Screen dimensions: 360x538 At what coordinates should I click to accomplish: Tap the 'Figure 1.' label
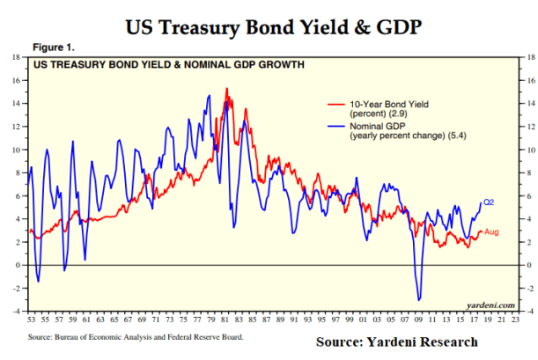pos(54,46)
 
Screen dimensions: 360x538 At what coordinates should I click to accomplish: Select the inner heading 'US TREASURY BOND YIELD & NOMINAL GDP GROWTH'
pos(169,64)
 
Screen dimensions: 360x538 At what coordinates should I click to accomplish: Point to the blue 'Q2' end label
pos(491,202)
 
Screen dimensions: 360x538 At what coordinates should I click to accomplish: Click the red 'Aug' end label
pos(493,231)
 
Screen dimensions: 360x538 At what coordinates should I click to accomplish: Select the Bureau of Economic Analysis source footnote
pos(136,336)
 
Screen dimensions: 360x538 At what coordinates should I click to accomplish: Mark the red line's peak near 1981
pos(227,88)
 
